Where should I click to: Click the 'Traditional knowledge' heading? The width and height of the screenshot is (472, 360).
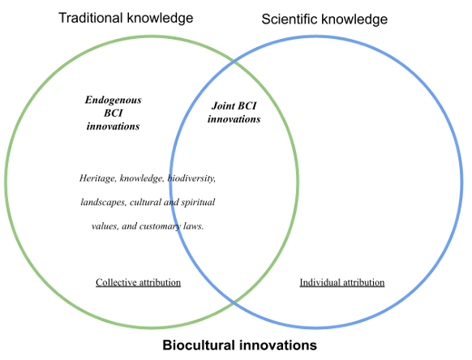[x=126, y=18]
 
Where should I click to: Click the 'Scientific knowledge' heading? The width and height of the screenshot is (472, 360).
[x=324, y=19]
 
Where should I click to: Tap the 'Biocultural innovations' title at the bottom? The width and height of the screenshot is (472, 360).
[x=239, y=345]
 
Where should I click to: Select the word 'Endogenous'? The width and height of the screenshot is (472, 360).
[x=114, y=101]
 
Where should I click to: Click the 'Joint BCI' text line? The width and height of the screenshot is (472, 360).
[x=234, y=105]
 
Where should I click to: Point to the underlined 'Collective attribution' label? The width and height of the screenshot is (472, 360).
[x=138, y=282]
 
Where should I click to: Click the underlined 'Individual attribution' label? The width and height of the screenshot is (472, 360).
[x=342, y=282]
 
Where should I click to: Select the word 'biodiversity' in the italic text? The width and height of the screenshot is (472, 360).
[x=191, y=178]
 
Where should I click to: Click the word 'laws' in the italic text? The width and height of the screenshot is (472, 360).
[x=193, y=225]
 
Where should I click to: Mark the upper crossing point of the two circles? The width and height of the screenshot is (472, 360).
[x=234, y=62]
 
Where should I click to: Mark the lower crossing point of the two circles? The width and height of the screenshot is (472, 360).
[x=234, y=302]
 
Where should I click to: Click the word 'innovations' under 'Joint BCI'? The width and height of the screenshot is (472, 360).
[x=234, y=119]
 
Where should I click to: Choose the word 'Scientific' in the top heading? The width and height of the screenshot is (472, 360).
[x=290, y=19]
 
